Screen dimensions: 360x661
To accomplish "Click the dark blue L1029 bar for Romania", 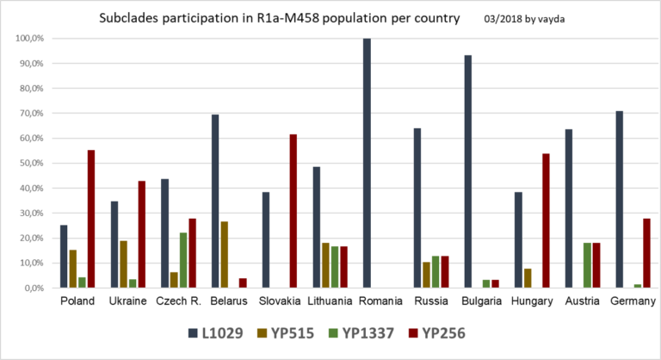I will [367, 164].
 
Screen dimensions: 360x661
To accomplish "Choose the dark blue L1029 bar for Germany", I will [619, 199].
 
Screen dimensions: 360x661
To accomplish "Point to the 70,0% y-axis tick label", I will [31, 114].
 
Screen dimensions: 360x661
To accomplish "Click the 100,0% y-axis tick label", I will [29, 39].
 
